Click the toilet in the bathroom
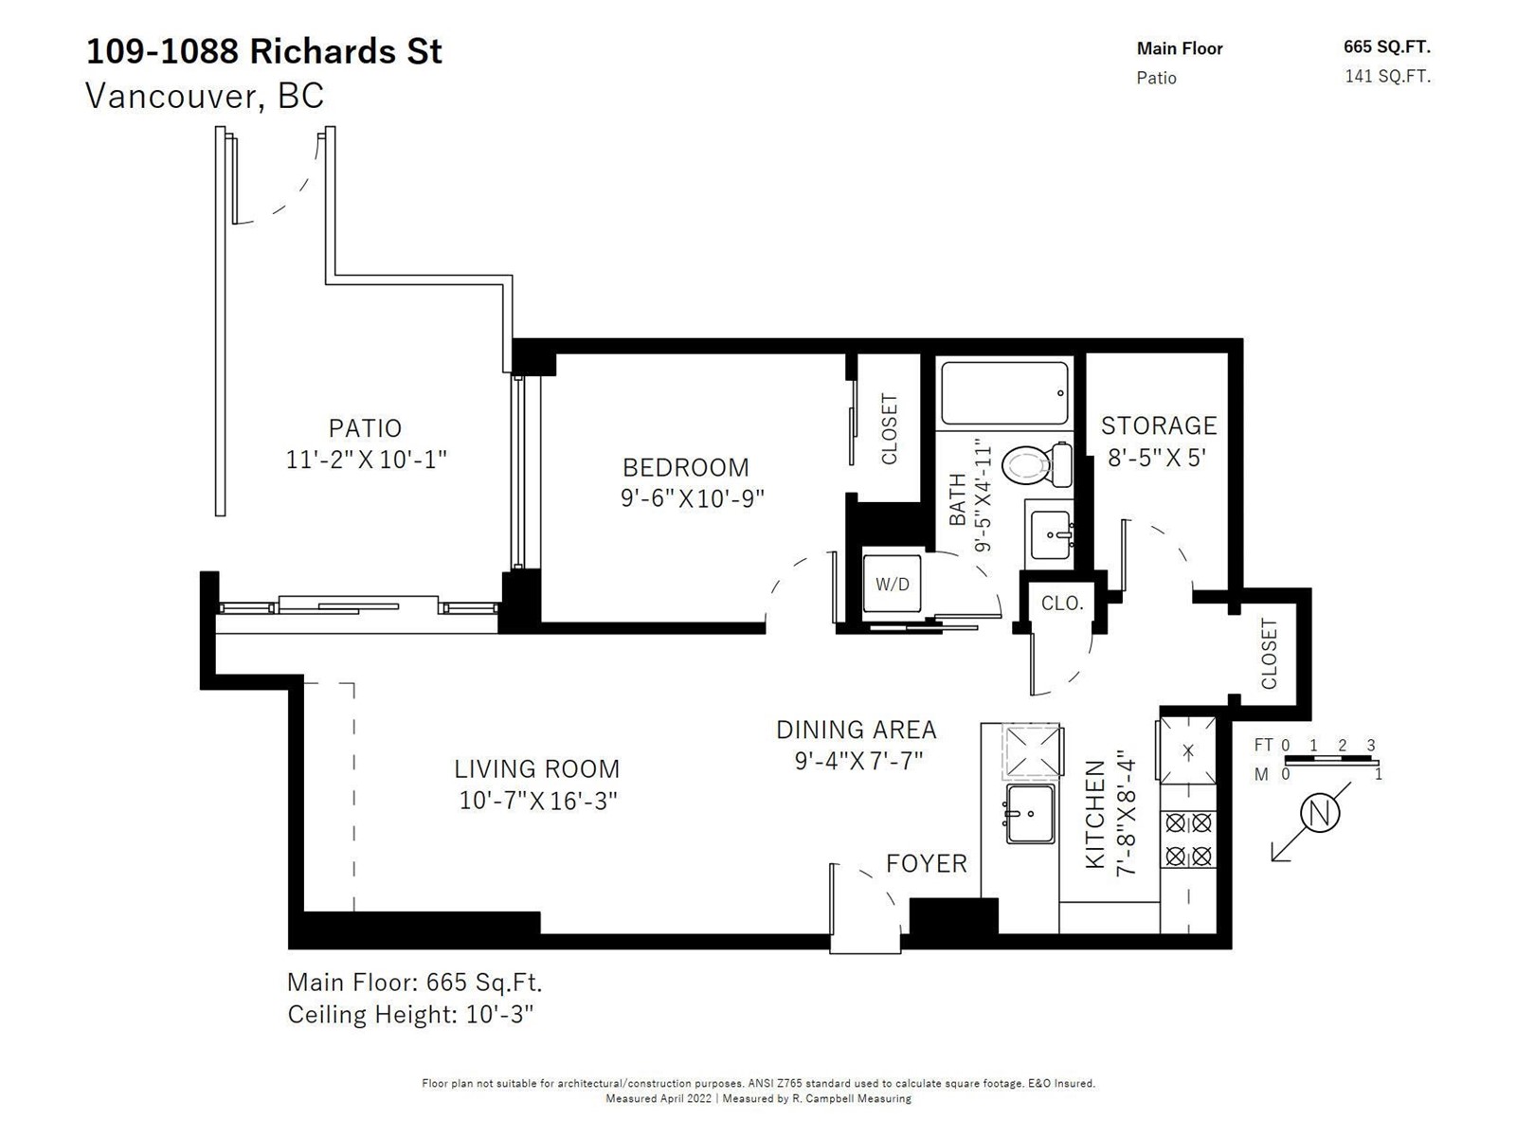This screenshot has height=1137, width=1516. point(1036,464)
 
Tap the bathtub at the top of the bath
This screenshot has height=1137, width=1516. point(1004,393)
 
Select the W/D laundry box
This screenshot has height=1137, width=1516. point(892,584)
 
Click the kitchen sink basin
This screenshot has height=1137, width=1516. point(1030,813)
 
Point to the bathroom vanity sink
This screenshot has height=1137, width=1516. point(1050,534)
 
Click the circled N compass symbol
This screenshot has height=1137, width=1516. point(1319,813)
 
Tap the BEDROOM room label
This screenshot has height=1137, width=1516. point(685,467)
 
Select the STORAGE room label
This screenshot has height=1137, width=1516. point(1158,425)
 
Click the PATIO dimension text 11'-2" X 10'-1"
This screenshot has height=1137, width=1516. point(366,460)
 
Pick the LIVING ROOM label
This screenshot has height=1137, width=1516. point(536,768)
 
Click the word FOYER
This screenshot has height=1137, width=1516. point(926,863)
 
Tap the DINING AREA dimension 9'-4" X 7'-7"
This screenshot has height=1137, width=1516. point(858,761)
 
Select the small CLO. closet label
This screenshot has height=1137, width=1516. point(1062,604)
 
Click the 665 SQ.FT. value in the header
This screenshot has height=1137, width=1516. point(1387,47)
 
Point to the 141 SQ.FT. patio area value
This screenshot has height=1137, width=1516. point(1387,76)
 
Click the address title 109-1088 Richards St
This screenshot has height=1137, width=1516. point(263,52)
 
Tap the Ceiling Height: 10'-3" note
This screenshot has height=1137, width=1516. point(410,1014)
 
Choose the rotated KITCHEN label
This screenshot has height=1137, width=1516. point(1094,814)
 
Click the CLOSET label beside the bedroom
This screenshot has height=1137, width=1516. point(889,428)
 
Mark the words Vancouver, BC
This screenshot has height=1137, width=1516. point(205,96)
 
